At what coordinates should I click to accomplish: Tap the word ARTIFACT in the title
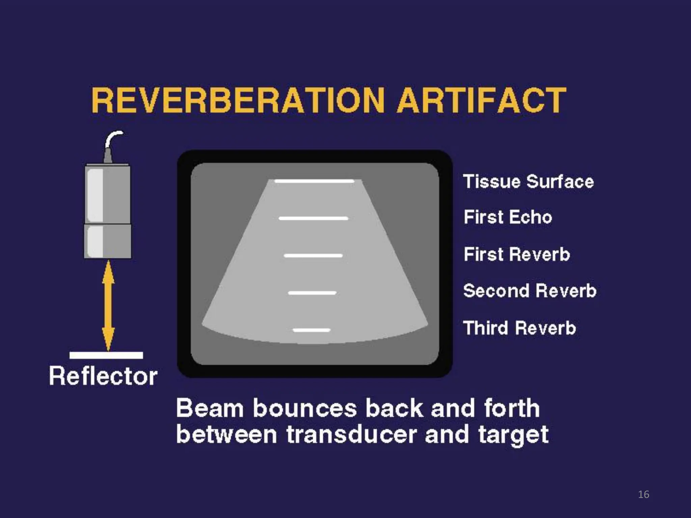tap(481, 100)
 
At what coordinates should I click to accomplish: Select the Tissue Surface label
tap(528, 182)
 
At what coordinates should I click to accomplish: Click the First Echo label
tap(508, 217)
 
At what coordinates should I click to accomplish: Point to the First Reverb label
tap(517, 254)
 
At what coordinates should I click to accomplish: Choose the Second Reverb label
tap(530, 291)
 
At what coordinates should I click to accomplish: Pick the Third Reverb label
tap(519, 328)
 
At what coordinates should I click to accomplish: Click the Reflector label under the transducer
tap(103, 376)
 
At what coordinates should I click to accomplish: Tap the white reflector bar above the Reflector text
tap(106, 355)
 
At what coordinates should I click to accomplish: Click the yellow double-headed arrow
tap(108, 305)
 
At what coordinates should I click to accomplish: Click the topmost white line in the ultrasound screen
tap(314, 181)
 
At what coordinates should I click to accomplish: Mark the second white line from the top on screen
tap(313, 219)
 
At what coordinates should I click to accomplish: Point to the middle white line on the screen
tap(313, 256)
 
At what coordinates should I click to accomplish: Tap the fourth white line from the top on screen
tap(312, 293)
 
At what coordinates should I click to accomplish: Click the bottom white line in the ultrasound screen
tap(311, 330)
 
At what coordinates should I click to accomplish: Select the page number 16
tap(643, 494)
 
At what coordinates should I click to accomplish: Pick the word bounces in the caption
tap(305, 408)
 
